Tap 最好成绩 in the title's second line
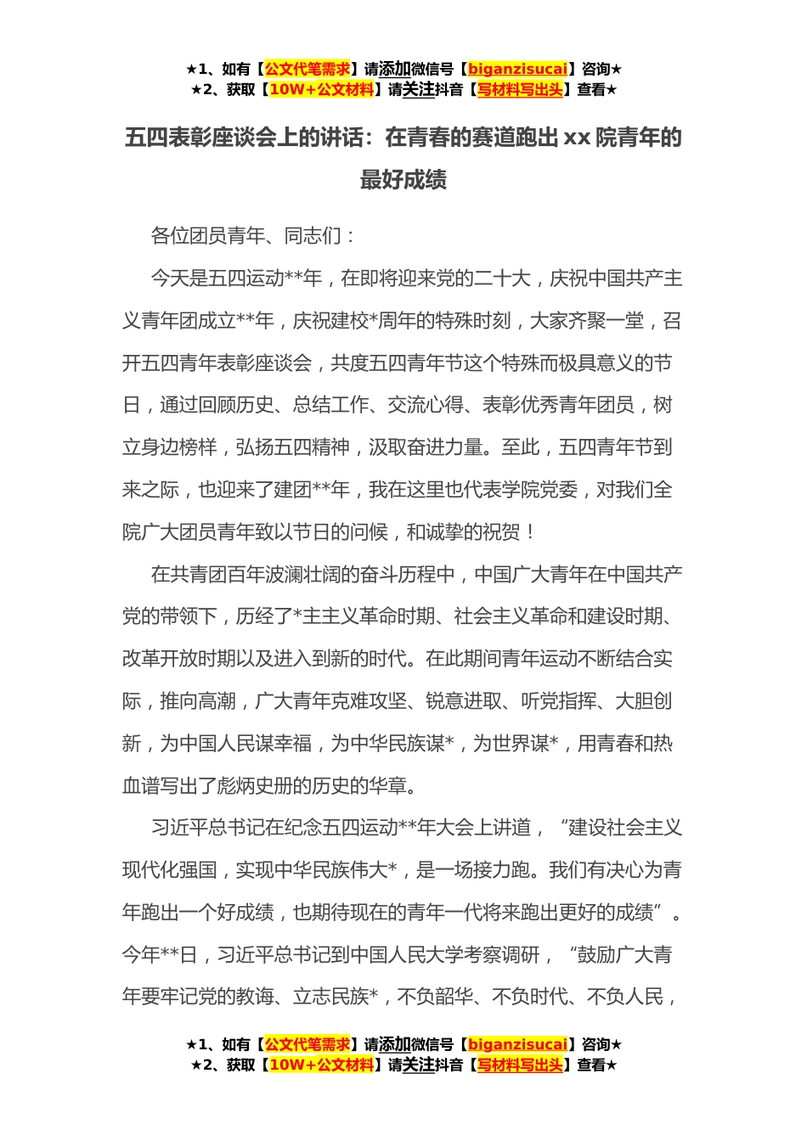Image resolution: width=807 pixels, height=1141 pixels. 403,180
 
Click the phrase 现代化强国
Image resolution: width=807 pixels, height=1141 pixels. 169,870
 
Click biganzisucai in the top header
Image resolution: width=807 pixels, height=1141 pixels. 517,70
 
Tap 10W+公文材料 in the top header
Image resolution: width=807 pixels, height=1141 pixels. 321,90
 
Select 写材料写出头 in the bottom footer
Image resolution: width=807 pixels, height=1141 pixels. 520,1065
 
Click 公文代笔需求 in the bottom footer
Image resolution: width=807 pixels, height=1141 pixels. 308,1045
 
